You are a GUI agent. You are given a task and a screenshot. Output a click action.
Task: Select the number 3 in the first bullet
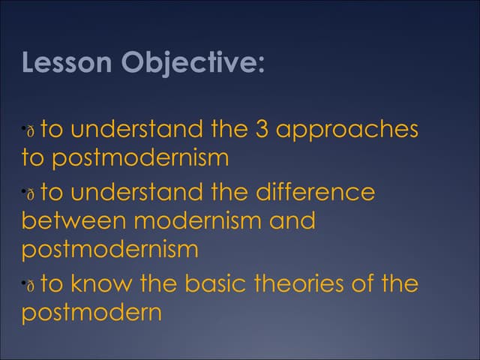(262, 130)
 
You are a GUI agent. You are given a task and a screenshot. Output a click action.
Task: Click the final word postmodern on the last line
(91, 313)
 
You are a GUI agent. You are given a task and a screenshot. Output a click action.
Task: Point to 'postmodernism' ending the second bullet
(110, 250)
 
